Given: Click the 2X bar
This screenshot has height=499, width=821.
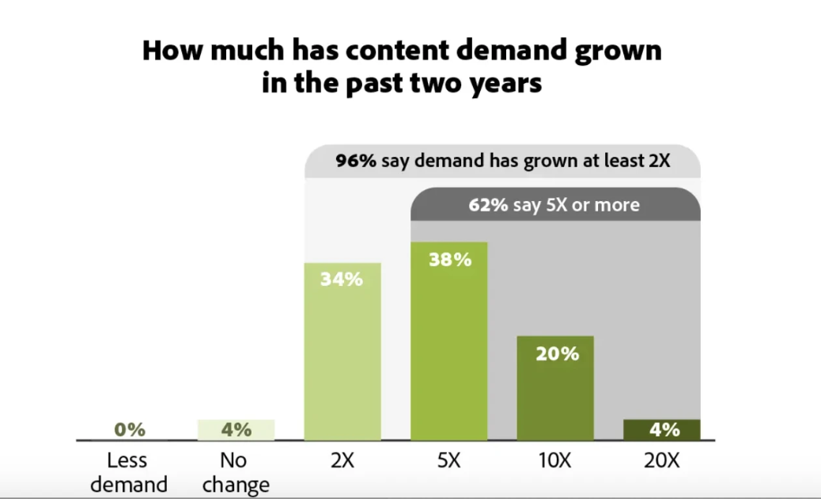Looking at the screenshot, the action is click(x=342, y=352).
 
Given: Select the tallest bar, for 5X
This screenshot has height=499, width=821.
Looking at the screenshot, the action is click(x=448, y=341).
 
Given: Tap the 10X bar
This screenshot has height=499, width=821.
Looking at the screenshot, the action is click(x=555, y=388).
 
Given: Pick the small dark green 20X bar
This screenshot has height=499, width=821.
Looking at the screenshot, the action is click(x=662, y=430).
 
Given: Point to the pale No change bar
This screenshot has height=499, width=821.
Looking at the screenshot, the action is click(x=236, y=430).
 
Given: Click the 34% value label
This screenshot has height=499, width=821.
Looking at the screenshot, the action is click(x=342, y=280).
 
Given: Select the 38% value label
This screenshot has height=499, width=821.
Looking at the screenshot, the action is click(x=450, y=260).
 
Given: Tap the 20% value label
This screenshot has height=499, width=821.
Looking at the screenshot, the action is click(x=557, y=354).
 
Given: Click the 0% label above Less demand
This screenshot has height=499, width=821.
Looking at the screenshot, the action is click(x=130, y=430).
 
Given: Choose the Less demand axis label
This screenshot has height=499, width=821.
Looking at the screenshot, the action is click(x=129, y=472).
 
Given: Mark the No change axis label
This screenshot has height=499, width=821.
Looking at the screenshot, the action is click(x=236, y=472).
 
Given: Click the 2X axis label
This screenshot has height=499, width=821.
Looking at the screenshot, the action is click(x=342, y=461).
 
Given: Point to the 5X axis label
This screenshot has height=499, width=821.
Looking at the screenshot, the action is click(x=448, y=461).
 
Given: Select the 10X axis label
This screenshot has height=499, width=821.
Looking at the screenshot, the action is click(x=555, y=461).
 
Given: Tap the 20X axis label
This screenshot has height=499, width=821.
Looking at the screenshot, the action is click(x=662, y=461).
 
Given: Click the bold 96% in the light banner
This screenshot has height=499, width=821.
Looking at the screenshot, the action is click(x=356, y=160).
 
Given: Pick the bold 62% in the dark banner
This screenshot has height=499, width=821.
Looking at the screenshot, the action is click(x=488, y=204).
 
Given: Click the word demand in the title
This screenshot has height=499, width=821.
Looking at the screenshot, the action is click(x=511, y=51).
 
